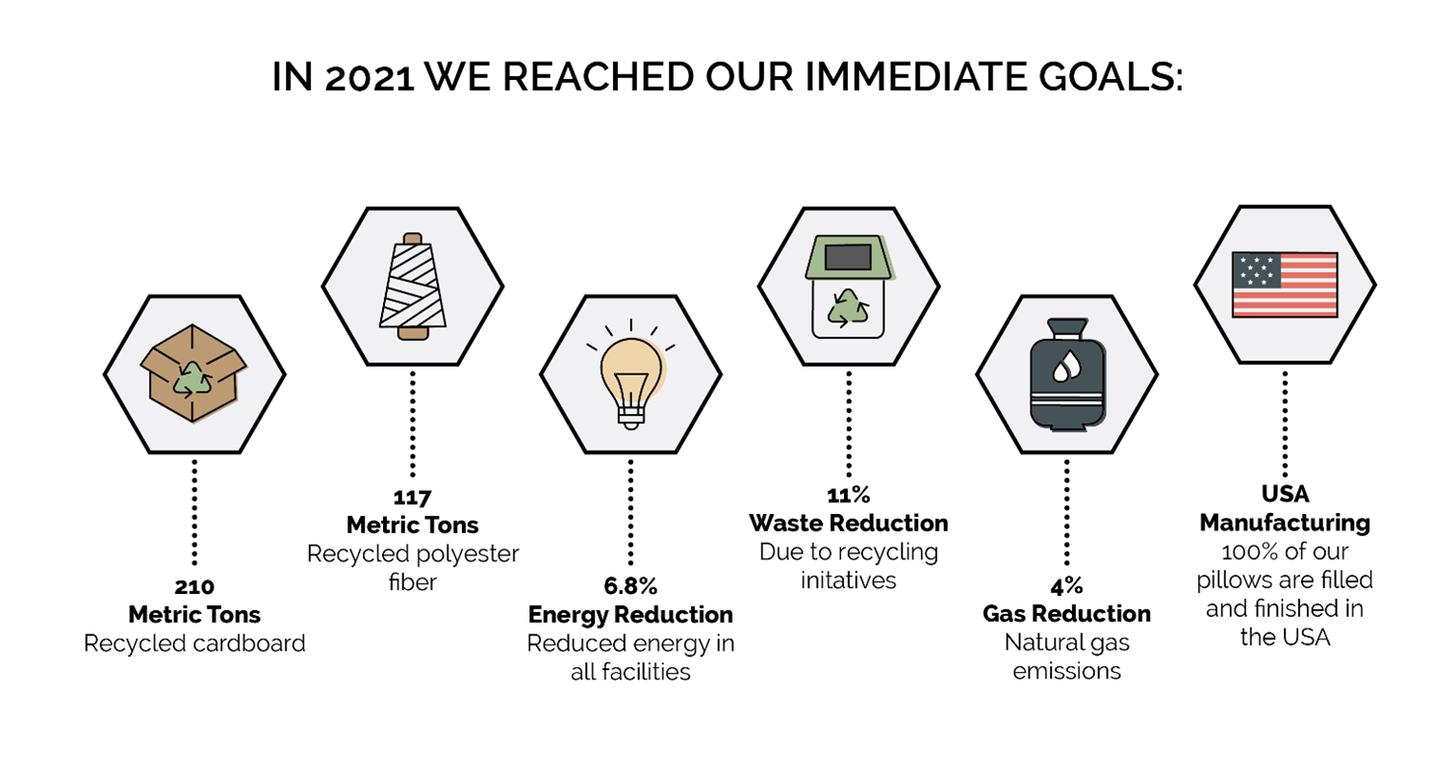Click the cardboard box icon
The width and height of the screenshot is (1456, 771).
(x=193, y=373)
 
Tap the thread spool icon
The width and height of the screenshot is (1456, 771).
(x=413, y=286)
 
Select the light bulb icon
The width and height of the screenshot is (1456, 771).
(x=630, y=374)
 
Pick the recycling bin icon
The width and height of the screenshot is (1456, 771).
(x=849, y=287)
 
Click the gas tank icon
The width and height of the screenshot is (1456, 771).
(x=1066, y=374)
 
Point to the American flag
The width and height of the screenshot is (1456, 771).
(x=1285, y=285)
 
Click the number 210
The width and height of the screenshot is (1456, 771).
(x=194, y=587)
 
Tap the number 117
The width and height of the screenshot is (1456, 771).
(x=412, y=498)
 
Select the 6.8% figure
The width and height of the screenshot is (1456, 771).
(x=630, y=586)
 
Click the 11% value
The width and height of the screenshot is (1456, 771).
(x=848, y=496)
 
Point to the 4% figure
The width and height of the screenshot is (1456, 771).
(x=1066, y=587)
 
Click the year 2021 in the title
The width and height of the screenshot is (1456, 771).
(x=370, y=78)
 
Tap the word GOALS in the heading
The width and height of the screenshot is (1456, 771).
(x=1111, y=77)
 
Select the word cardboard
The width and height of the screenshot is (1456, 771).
(x=249, y=643)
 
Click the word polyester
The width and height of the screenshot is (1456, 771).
(x=468, y=553)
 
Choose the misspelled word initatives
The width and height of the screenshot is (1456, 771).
(x=848, y=579)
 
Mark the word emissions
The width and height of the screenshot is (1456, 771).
(x=1066, y=671)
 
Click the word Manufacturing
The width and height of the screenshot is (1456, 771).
(x=1285, y=523)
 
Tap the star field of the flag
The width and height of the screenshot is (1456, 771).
(x=1257, y=270)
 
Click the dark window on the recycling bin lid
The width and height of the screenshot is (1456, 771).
(x=848, y=257)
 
